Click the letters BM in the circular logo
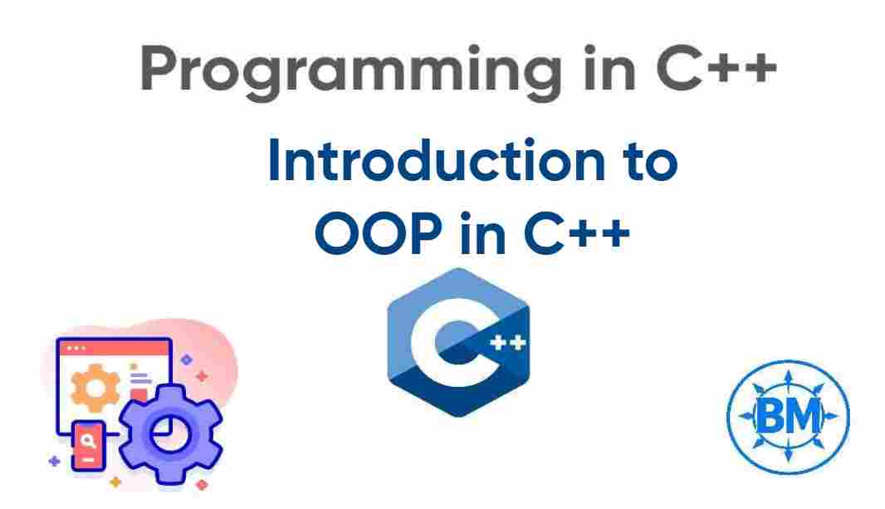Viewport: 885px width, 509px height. click(787, 413)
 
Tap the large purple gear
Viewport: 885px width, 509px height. click(170, 433)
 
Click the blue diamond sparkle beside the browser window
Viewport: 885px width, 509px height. click(187, 360)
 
